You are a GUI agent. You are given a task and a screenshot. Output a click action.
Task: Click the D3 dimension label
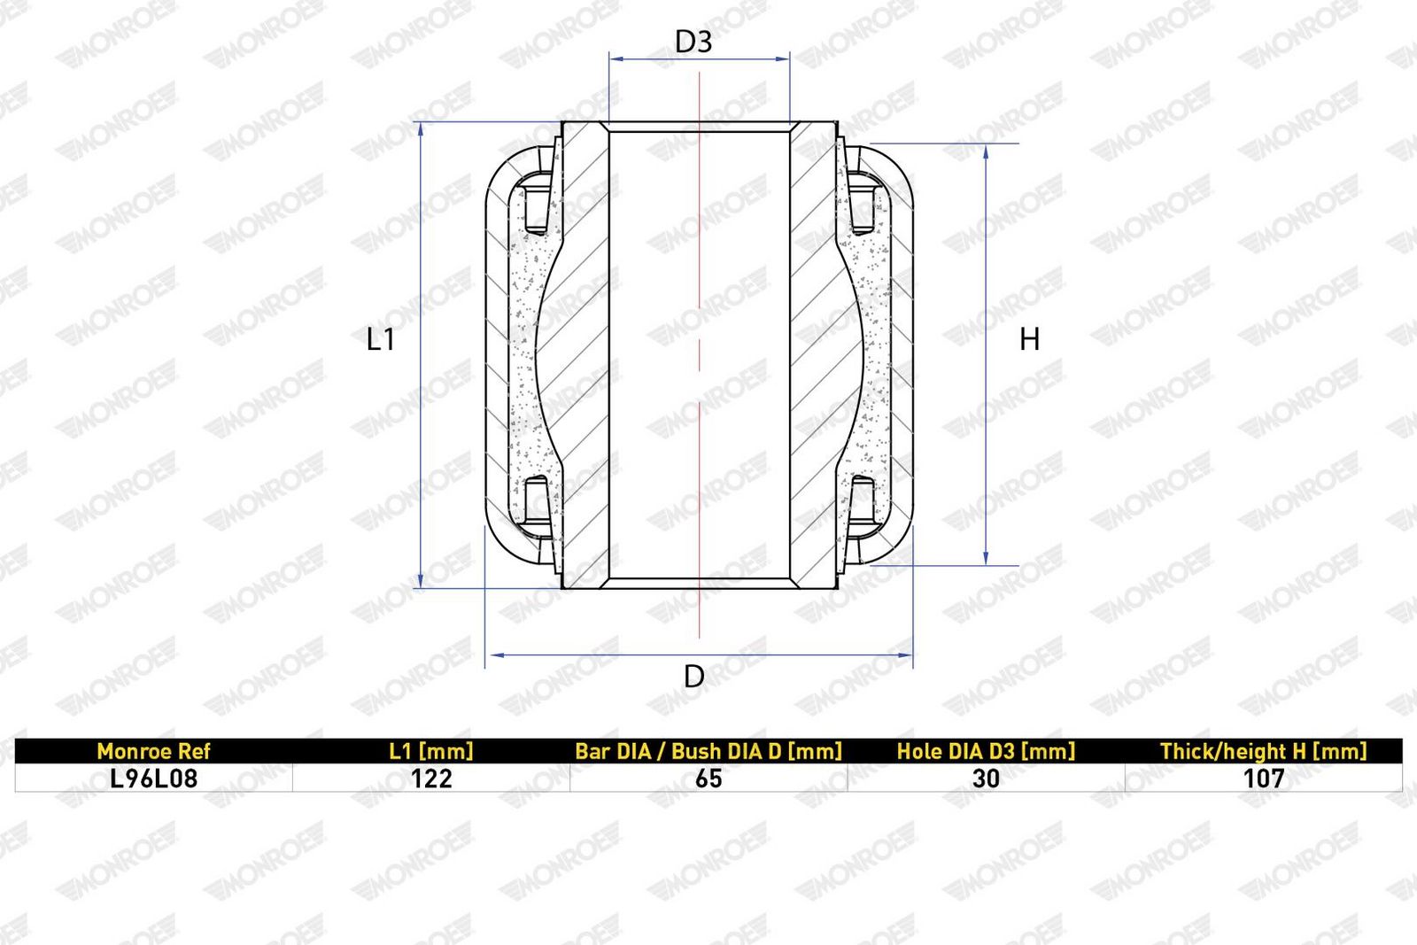point(693,42)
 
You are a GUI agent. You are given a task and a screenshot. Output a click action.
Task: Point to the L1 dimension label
point(381,340)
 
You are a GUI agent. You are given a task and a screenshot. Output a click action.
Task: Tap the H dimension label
point(1030,340)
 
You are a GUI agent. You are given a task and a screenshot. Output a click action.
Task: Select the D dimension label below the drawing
point(694,677)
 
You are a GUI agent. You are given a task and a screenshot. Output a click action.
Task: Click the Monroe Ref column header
point(153,751)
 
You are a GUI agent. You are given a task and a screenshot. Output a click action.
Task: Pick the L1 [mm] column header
point(430,751)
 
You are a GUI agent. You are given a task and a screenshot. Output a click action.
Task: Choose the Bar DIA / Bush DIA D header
point(708,751)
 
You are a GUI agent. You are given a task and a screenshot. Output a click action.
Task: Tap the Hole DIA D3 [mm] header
point(986,751)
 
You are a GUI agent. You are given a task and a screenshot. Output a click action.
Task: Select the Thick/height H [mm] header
point(1263,751)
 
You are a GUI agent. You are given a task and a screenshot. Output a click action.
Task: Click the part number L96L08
point(154,778)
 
